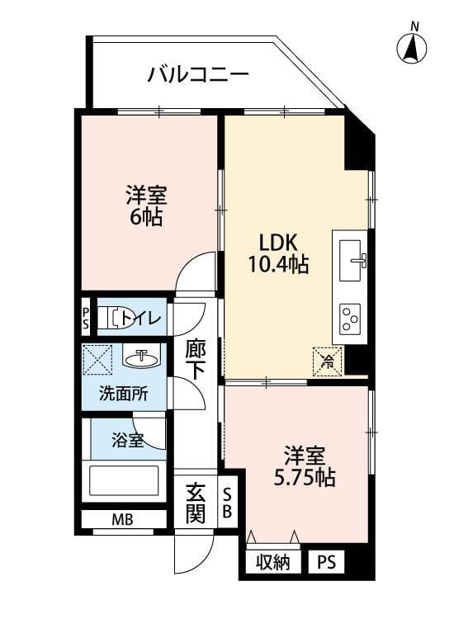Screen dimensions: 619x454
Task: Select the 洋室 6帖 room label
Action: [x=146, y=206]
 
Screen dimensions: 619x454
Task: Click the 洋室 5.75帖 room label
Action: [x=305, y=465]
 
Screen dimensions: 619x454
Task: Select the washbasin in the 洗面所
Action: [x=141, y=358]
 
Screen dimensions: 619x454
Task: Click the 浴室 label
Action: [x=128, y=440]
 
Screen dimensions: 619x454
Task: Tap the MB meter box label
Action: [x=122, y=520]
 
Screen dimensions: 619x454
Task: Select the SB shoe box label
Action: [x=228, y=503]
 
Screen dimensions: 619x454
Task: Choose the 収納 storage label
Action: [x=272, y=564]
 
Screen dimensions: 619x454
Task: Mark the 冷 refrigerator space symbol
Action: [x=328, y=360]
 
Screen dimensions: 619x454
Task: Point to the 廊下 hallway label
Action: [x=196, y=360]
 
